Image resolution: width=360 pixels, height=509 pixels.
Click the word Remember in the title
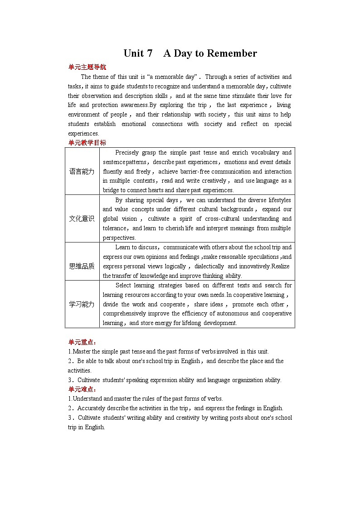[x=232, y=53]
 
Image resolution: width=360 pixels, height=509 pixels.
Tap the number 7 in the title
[x=150, y=53]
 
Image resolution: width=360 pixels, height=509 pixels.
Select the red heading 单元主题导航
[x=87, y=67]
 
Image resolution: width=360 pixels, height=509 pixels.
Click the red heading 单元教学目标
[x=87, y=143]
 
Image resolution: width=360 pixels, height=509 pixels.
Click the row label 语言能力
[x=82, y=171]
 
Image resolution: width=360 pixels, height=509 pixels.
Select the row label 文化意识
[x=82, y=218]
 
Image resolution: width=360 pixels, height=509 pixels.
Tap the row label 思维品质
[x=82, y=266]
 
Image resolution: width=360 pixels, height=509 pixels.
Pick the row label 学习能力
[x=82, y=304]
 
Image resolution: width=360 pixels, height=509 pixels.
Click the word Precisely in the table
[x=128, y=153]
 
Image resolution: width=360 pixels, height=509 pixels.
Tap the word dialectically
[x=209, y=267]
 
